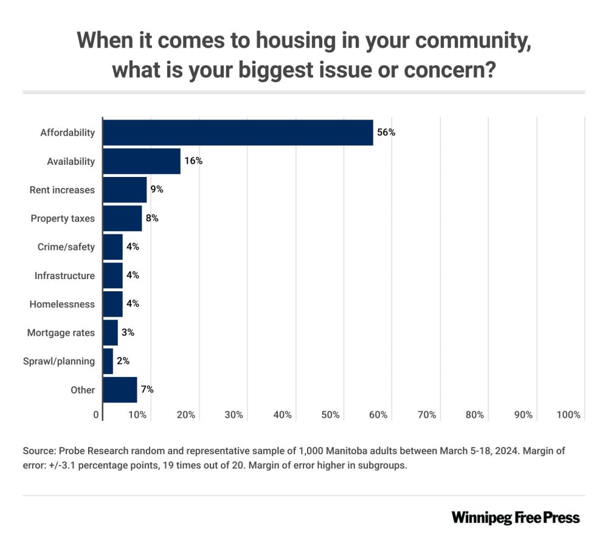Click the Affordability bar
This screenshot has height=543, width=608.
(238, 133)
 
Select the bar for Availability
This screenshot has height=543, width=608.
(142, 161)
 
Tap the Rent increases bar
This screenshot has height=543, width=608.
(125, 190)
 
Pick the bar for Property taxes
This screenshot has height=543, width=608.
(122, 218)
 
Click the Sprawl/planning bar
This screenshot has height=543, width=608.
(108, 361)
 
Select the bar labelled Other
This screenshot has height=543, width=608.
(120, 390)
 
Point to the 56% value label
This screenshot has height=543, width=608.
(386, 132)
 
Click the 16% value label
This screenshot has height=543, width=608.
(193, 161)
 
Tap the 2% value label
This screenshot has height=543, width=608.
(123, 361)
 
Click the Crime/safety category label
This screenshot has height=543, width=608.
(71, 247)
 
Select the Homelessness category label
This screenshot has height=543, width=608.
(62, 304)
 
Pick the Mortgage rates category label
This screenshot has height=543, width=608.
(61, 333)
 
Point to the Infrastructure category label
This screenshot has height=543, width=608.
(64, 275)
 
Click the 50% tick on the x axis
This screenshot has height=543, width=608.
(330, 415)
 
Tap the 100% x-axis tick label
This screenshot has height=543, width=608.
(568, 415)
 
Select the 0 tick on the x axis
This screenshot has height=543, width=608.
(96, 415)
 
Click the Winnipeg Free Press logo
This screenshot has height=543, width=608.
(516, 517)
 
